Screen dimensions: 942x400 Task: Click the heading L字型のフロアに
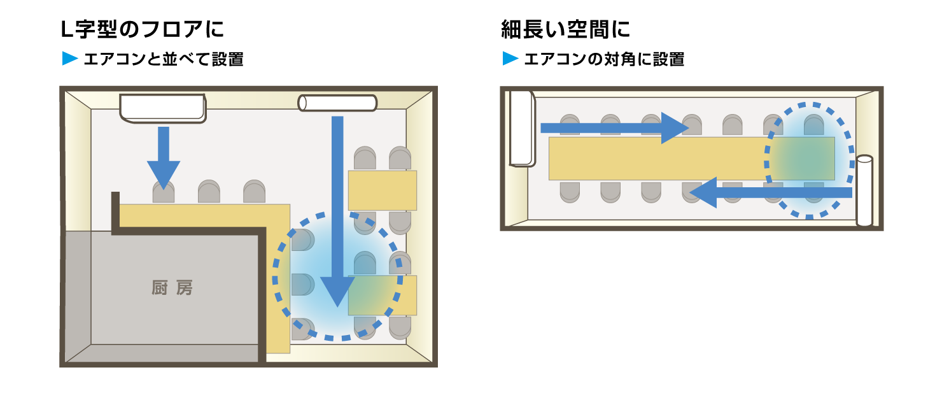pos(142,29)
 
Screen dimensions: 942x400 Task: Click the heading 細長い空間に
pos(566,29)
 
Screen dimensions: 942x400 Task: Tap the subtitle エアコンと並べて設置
pos(164,59)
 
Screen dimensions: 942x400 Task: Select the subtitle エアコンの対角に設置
pos(604,59)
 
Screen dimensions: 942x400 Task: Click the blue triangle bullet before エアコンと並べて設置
pos(70,58)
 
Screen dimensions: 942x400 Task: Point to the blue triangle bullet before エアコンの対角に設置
pos(510,58)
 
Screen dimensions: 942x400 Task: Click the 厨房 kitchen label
pos(172,288)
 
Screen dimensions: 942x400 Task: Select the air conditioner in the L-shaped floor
pos(163,108)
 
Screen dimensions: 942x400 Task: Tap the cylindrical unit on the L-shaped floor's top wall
pos(337,103)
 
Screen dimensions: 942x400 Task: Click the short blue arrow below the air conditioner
pos(164,158)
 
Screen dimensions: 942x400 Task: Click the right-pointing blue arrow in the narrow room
pos(614,128)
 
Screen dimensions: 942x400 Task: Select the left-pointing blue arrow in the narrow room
pos(771,193)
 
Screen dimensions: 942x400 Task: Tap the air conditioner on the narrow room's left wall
pos(523,129)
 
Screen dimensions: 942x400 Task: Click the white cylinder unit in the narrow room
pos(864,190)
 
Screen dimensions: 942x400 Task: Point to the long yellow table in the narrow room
pos(692,159)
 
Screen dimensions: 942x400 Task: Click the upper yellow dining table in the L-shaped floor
pos(383,190)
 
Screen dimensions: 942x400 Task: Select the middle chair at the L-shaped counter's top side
pos(209,192)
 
